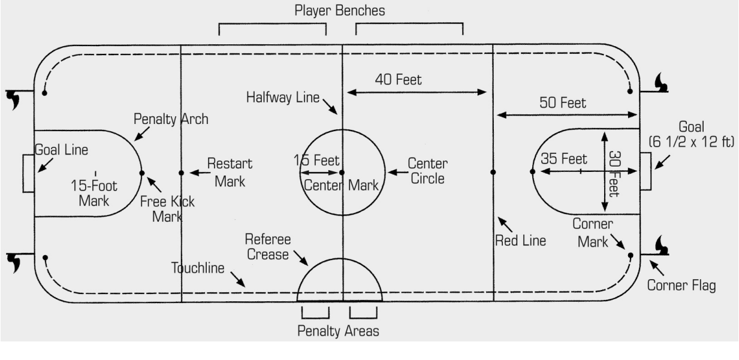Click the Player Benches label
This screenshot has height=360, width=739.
[x=340, y=11]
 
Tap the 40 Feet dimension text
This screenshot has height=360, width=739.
[x=399, y=80]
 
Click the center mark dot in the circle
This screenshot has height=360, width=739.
[x=342, y=173]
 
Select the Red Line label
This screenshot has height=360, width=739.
[x=520, y=241]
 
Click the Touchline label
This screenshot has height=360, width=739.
[x=197, y=267]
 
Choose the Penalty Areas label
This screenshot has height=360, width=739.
[x=339, y=331]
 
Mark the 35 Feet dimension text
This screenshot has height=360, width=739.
[x=564, y=159]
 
